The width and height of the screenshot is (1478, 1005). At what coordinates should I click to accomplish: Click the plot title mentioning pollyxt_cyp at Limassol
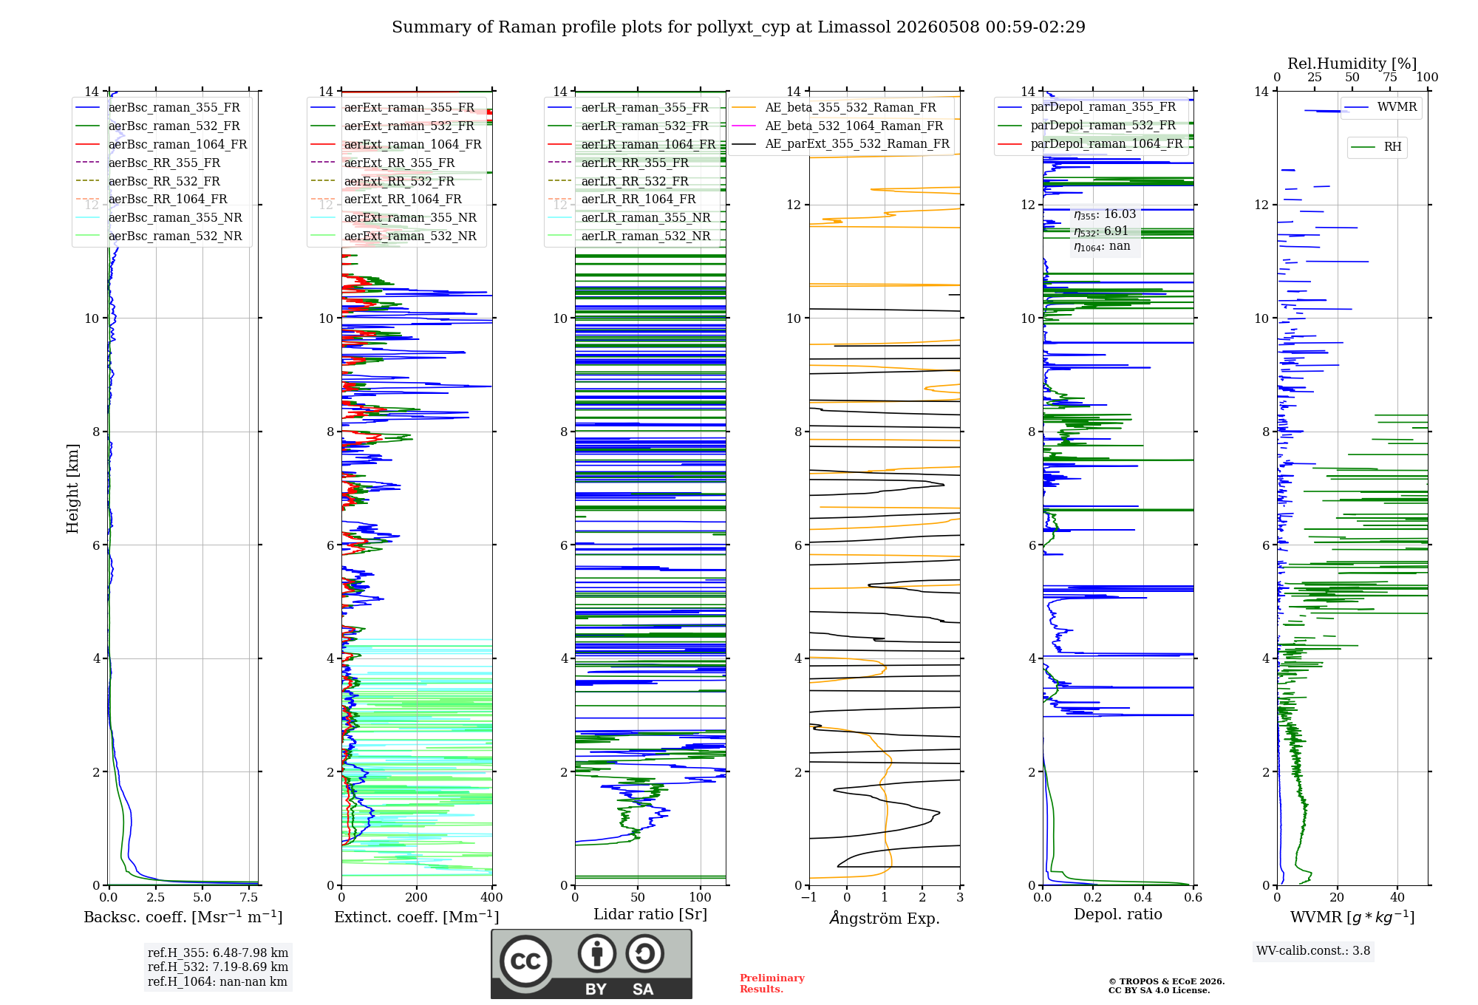(x=738, y=27)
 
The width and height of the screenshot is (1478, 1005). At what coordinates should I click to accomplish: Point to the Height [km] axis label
(x=72, y=488)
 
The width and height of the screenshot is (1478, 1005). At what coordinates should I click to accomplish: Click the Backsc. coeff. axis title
(x=183, y=917)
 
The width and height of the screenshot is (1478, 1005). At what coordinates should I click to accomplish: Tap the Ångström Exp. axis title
(x=885, y=917)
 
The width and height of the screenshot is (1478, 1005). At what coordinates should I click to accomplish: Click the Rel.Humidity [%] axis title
(x=1352, y=64)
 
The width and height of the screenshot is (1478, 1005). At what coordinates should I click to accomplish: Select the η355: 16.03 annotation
(x=1105, y=214)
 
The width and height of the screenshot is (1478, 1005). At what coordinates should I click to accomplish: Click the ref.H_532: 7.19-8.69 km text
(x=218, y=967)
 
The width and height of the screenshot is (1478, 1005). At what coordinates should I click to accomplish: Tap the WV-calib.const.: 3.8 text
(x=1313, y=950)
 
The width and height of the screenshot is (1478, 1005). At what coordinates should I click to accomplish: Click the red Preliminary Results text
(x=772, y=984)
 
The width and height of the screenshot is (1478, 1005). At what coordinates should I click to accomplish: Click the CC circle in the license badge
(x=525, y=961)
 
